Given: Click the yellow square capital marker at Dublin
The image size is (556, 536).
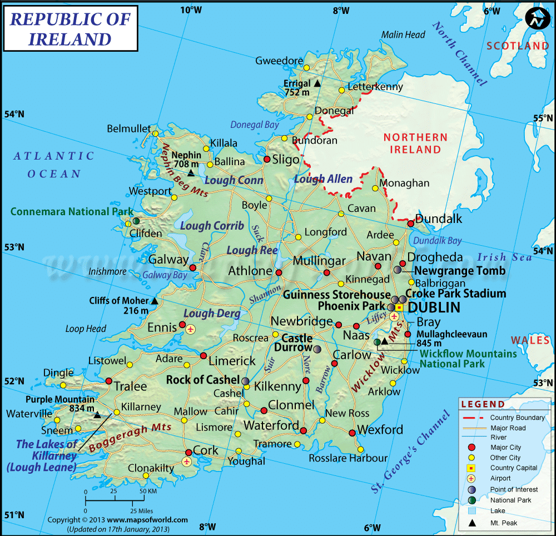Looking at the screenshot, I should point(399,307).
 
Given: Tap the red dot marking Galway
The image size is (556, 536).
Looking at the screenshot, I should point(192,267).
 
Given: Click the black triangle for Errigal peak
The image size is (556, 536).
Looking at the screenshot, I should point(317,83).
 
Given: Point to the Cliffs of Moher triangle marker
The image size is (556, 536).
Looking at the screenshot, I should point(155,301).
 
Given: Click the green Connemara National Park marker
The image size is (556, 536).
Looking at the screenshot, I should point(136,221).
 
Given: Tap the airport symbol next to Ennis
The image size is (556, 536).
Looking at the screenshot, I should point(191,329).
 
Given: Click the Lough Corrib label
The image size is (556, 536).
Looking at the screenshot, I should point(212,226).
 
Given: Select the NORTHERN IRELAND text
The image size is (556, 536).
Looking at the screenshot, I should point(415,143).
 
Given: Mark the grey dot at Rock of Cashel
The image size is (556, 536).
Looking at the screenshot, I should point(246,381).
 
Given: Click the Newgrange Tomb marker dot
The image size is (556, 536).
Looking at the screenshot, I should point(398,270).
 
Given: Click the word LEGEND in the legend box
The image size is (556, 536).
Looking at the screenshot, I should point(483,404).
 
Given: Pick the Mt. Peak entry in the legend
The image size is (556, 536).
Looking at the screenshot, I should point(504,523).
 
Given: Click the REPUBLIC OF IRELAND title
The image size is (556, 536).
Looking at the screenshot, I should point(70,29).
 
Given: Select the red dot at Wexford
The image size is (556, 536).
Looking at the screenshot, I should point(352,433).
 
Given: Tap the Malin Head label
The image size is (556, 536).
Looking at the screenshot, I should point(403,34).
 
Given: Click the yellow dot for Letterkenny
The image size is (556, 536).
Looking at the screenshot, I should point(341,90).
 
